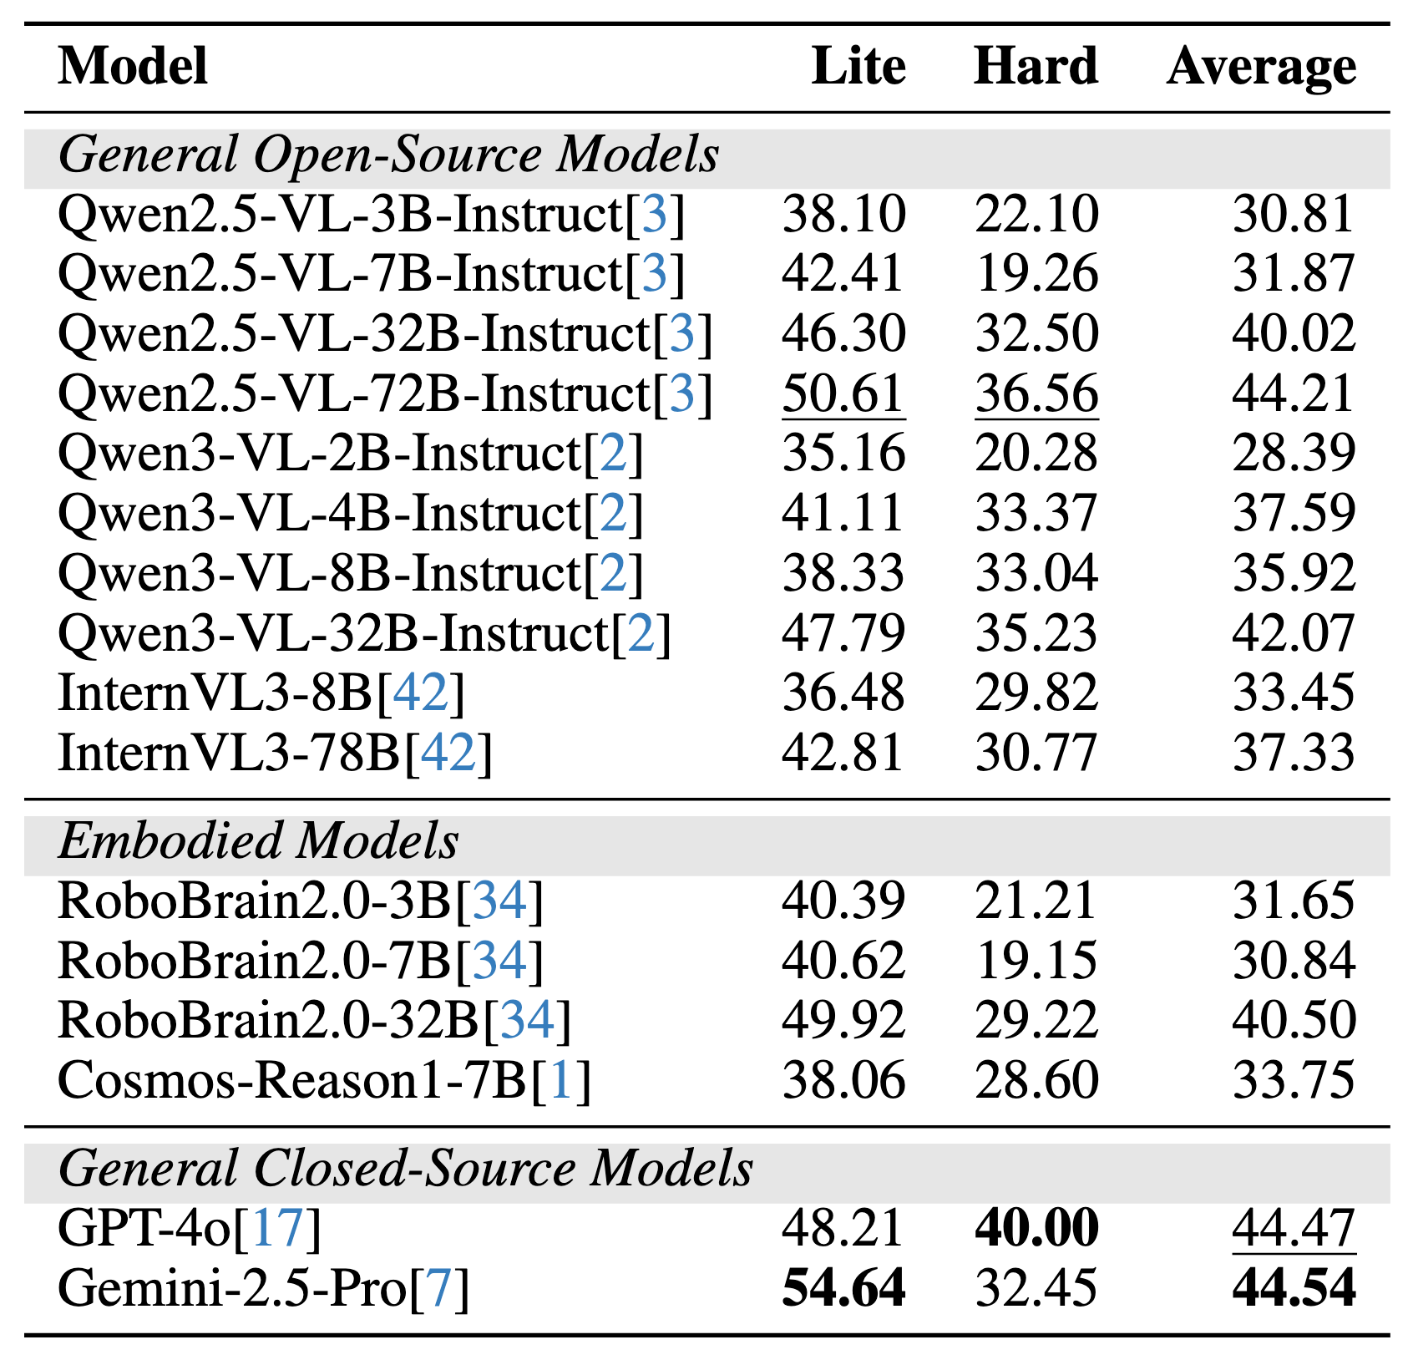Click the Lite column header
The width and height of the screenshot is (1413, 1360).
tap(858, 67)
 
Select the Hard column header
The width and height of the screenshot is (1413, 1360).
tap(1036, 67)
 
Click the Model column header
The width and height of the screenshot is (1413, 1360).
tap(133, 67)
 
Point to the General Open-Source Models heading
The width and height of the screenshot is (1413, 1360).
tap(388, 155)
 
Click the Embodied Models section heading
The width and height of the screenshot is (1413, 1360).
tap(258, 841)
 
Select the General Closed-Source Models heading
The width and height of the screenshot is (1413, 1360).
tap(406, 1169)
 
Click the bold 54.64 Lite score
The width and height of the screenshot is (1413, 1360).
tap(843, 1288)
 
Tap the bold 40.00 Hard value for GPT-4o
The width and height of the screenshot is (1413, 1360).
tap(1036, 1229)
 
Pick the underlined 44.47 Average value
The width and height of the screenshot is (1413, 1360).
tap(1294, 1229)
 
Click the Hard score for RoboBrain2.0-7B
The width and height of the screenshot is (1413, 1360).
tap(1036, 961)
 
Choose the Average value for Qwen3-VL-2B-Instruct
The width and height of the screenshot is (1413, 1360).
tap(1294, 454)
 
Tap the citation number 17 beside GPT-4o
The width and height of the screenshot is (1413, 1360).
tap(276, 1229)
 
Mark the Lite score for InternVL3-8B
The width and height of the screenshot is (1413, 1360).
tap(843, 693)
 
